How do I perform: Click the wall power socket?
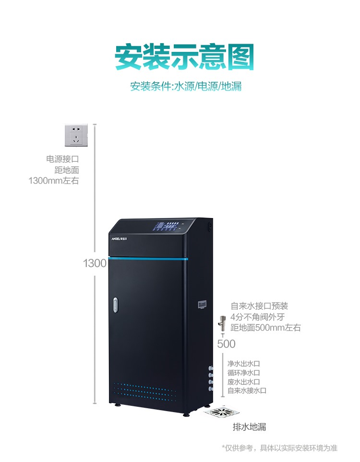(76, 135)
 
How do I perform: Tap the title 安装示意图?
(184, 57)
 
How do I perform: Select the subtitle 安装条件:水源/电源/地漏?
(186, 86)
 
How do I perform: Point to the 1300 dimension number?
(95, 263)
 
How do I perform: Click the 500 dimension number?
(226, 344)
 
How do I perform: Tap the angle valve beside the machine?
(222, 324)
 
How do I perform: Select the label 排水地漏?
(249, 426)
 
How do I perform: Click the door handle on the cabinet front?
(115, 305)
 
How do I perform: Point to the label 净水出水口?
(244, 364)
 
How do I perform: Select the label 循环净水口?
(244, 373)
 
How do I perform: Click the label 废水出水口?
(244, 382)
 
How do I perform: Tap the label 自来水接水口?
(247, 391)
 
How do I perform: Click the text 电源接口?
(62, 159)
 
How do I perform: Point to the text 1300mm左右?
(54, 180)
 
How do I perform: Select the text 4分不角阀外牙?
(257, 317)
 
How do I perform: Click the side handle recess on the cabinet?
(202, 304)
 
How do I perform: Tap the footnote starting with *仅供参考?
(279, 448)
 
